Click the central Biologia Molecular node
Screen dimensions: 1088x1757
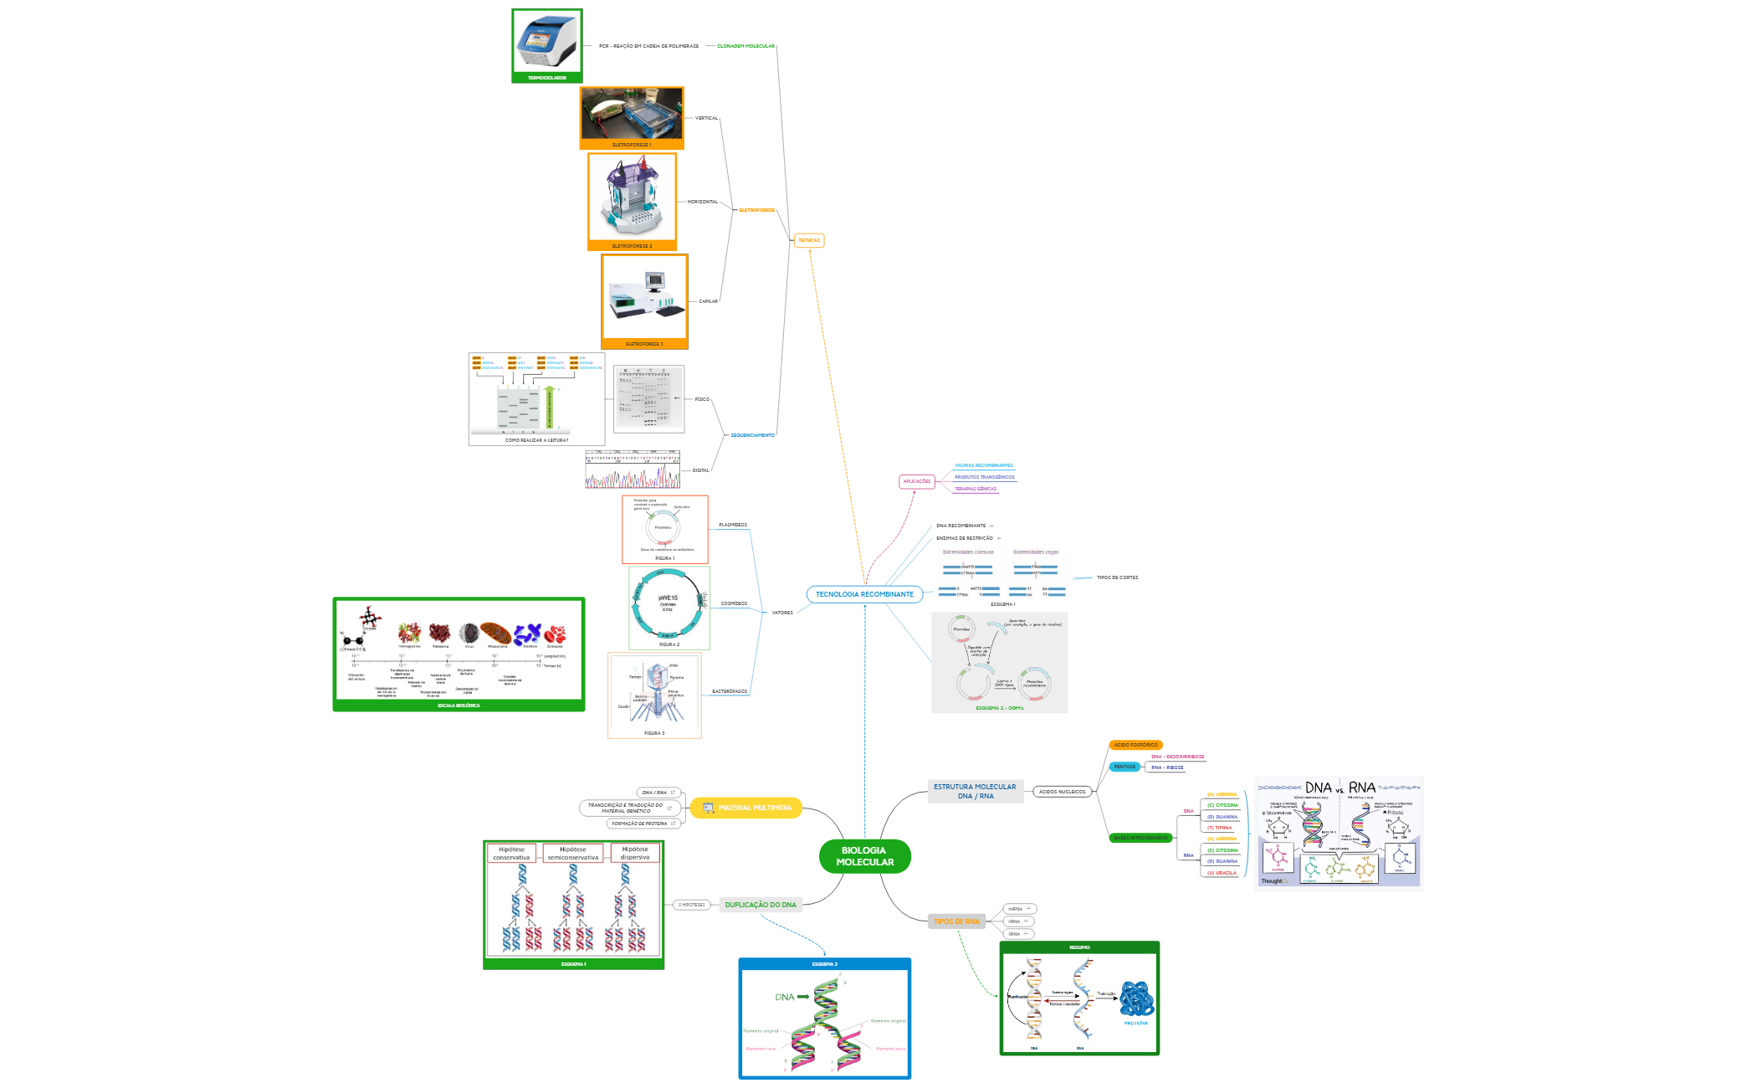(864, 856)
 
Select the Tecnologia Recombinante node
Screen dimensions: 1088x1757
(864, 594)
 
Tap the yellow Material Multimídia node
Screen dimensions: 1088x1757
(745, 808)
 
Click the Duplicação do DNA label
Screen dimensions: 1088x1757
(761, 905)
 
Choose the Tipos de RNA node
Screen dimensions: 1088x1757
(956, 921)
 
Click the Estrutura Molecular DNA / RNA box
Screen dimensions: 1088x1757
(975, 792)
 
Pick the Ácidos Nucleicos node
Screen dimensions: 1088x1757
(1062, 792)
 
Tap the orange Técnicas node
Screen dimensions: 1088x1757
(808, 240)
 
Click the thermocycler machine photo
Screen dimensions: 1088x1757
(547, 42)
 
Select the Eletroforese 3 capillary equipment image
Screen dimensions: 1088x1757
(644, 297)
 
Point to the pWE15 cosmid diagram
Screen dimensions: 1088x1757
(668, 603)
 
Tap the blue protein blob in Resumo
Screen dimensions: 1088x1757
(1136, 998)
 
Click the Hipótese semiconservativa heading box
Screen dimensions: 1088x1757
(573, 853)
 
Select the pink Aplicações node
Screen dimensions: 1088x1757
(916, 481)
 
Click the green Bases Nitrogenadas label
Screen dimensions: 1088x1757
(1140, 838)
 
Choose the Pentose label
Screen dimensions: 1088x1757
(1124, 767)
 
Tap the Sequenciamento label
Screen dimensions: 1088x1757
(752, 435)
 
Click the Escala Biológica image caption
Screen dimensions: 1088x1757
(458, 706)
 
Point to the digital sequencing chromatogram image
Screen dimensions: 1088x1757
(633, 470)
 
